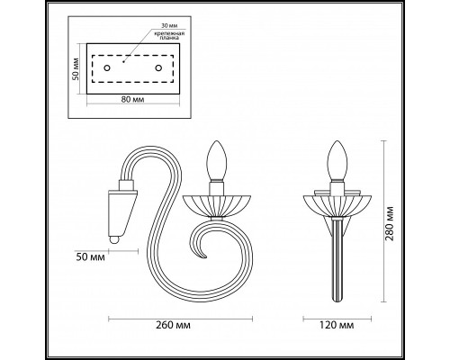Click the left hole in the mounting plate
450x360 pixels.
pyautogui.click(x=106, y=67)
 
